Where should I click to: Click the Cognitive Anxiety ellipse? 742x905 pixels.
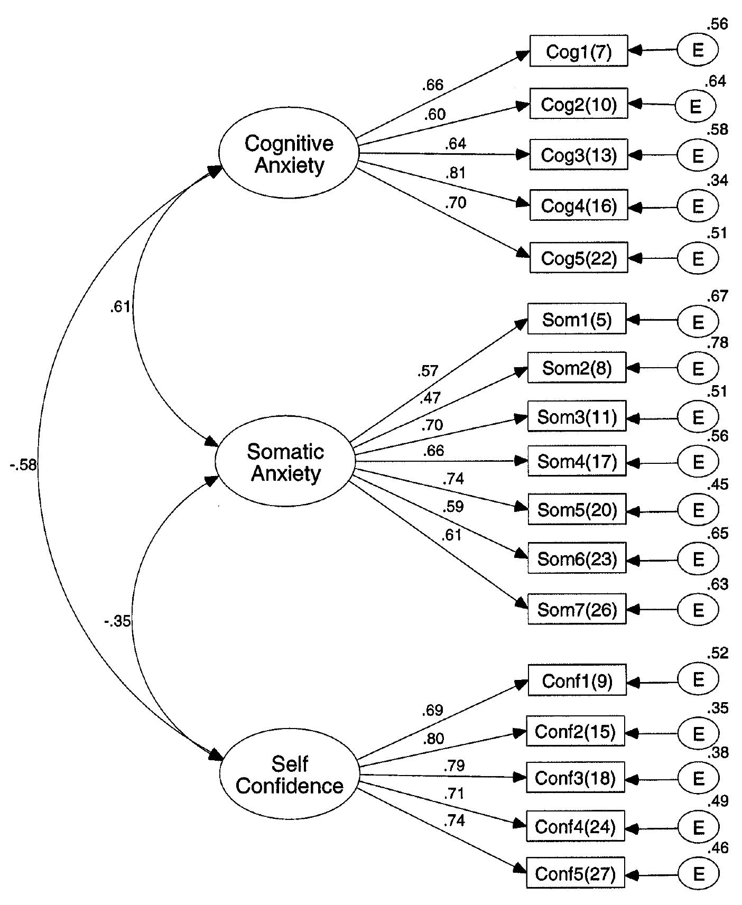[289, 154]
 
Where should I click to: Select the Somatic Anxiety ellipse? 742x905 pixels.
[285, 462]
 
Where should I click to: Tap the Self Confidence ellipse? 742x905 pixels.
[290, 775]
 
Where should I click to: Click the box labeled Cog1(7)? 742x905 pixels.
[579, 51]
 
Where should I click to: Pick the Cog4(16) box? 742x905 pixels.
[579, 206]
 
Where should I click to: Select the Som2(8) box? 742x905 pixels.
[577, 368]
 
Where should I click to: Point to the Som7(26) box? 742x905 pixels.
[577, 610]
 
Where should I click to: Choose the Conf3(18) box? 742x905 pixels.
[575, 778]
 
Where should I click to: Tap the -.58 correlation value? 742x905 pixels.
[23, 465]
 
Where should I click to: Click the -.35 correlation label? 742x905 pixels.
[117, 621]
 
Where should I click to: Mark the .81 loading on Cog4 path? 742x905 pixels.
[455, 173]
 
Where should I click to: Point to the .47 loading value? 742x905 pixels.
[430, 398]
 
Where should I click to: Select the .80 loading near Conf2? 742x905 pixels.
[433, 738]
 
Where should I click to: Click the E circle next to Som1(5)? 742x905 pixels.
[698, 321]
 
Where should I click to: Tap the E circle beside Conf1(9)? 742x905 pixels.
[698, 679]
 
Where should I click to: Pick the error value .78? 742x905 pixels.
[718, 343]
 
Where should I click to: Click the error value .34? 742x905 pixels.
[718, 181]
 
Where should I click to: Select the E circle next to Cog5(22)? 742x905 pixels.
[698, 258]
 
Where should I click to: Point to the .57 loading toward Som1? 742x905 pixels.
[427, 371]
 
